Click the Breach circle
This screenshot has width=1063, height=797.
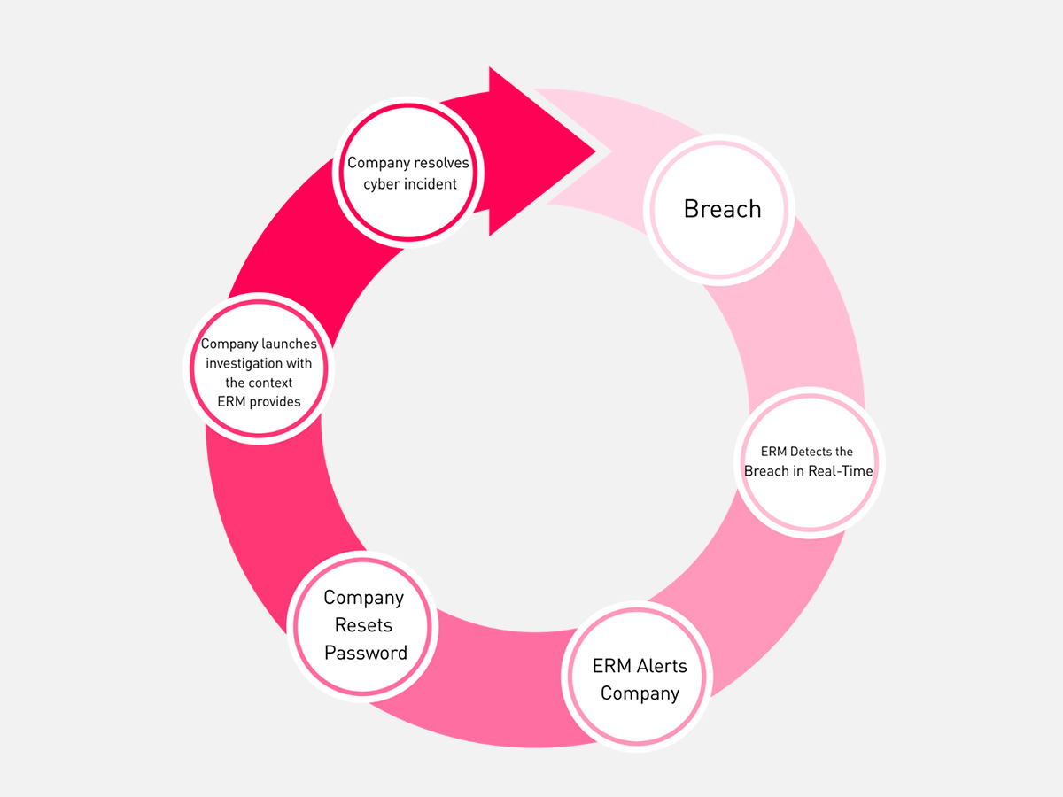tap(720, 210)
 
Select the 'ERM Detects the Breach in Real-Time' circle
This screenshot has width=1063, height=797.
tap(808, 462)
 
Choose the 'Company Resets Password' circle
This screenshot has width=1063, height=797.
tap(364, 626)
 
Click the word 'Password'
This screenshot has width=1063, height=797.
tap(365, 654)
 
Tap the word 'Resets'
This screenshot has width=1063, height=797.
tap(363, 625)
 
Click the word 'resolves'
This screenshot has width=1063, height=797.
tap(442, 163)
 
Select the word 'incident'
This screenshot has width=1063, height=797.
tap(431, 183)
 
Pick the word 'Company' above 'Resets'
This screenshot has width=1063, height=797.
tap(363, 598)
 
